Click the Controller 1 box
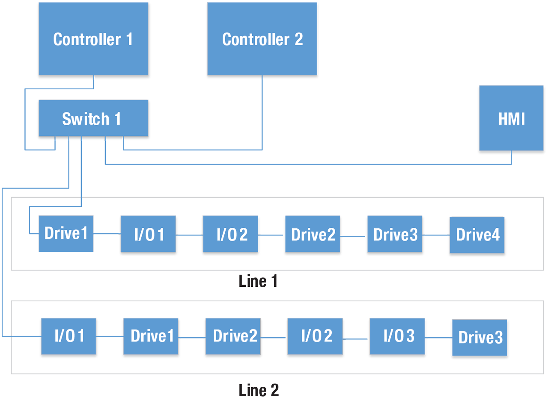coord(93,39)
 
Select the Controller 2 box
coord(262,39)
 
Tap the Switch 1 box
coord(93,118)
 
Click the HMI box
coord(511,118)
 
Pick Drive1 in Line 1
coord(66,234)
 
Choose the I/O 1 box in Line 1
coord(148,234)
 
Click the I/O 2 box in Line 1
coord(230,234)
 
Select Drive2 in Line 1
coord(313,234)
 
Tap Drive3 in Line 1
coord(395,234)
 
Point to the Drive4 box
coord(477,235)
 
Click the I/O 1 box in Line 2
coord(68,336)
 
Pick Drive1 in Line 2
coord(151,336)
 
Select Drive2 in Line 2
coord(233,336)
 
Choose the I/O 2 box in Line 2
coord(315,336)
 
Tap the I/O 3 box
coord(397,336)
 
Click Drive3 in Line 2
coord(479,338)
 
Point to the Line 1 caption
coord(258,281)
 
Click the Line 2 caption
coord(259,390)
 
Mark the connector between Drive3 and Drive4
coord(436,235)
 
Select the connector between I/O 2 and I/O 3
coord(356,338)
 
